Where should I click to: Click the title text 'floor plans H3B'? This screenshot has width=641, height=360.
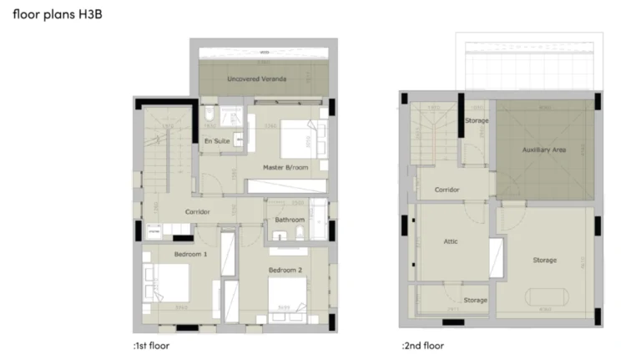point(58,15)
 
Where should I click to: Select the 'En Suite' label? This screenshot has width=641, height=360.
point(217,141)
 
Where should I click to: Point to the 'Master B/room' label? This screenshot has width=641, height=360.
point(285,167)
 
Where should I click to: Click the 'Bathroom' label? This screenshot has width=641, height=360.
point(289,220)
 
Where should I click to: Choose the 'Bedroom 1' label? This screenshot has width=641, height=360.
point(190,253)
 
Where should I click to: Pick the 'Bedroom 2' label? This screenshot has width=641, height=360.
point(285,271)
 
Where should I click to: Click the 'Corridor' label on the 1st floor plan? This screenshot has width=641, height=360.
point(197,211)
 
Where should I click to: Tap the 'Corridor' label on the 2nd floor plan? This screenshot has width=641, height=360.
point(447,190)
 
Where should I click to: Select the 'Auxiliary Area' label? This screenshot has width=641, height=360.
point(544,150)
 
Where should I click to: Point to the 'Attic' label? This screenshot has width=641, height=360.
point(451,241)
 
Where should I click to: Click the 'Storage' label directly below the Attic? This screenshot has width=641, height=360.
point(475,300)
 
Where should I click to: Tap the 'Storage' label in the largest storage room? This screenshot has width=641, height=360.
point(544,260)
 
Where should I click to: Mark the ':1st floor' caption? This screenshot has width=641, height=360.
point(151,344)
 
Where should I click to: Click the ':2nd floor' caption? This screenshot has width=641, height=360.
point(422,344)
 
